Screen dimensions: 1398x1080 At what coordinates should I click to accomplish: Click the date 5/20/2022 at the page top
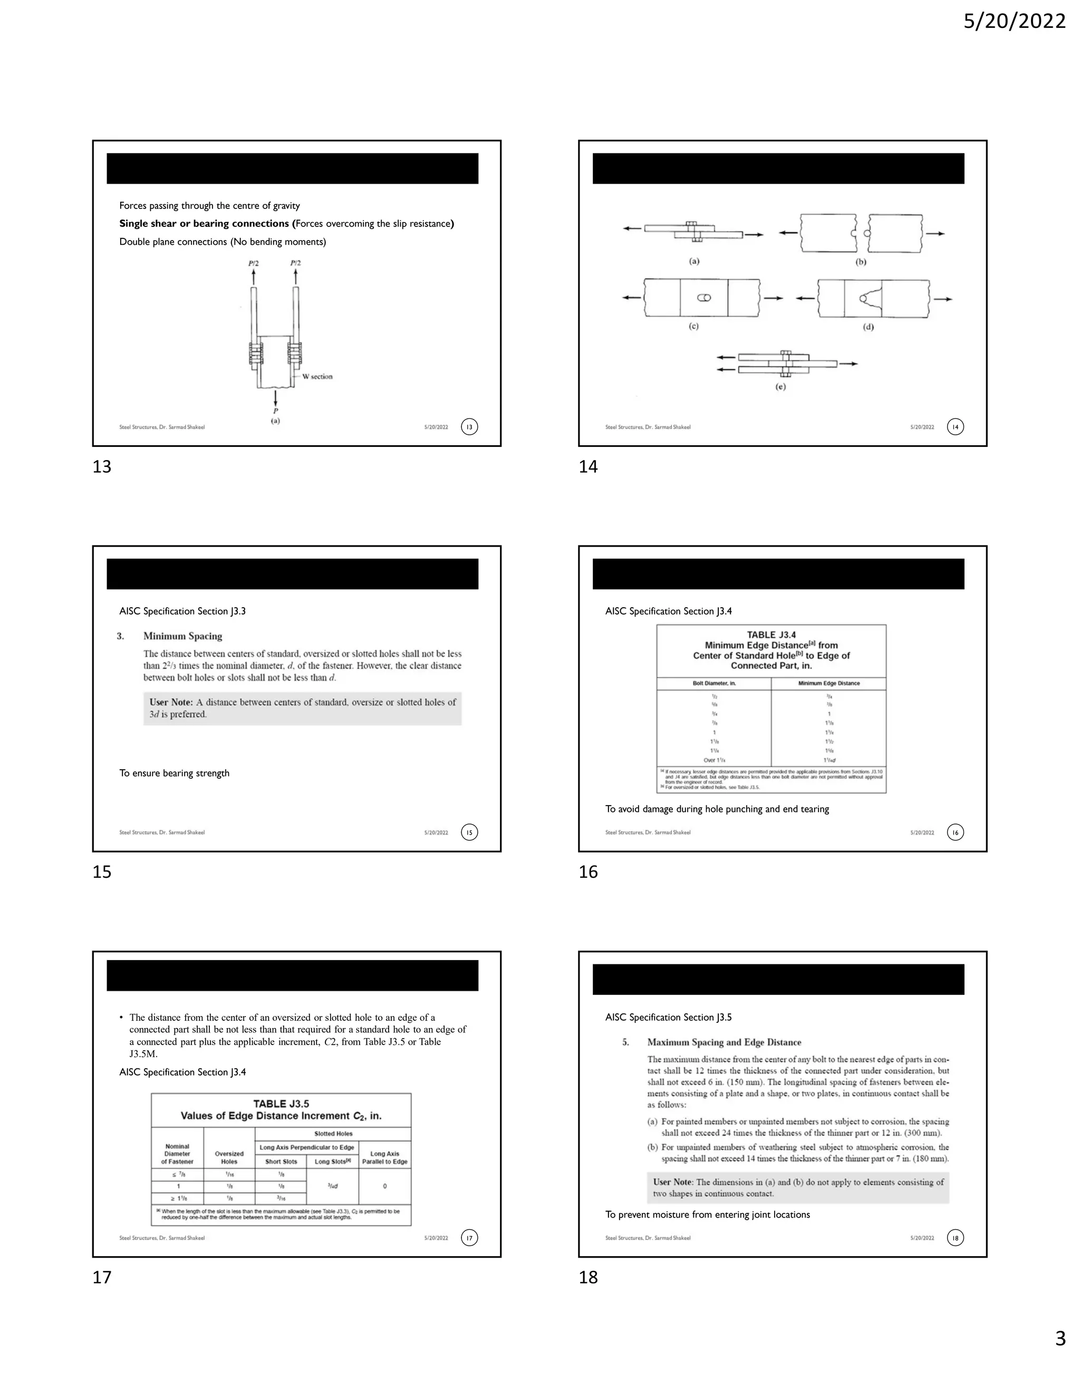pos(1014,22)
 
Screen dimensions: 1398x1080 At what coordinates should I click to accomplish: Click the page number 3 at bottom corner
pos(1060,1356)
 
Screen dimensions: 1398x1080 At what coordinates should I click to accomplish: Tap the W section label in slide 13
pos(317,376)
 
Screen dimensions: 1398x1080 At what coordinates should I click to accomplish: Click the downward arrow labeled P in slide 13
pos(275,397)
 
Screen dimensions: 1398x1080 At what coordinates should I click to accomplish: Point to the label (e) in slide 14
pos(780,387)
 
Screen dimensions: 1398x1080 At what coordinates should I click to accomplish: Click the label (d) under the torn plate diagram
pos(868,327)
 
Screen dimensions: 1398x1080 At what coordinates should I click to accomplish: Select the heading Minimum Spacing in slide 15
pos(182,636)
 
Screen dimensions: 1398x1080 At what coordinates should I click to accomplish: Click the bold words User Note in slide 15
pos(171,702)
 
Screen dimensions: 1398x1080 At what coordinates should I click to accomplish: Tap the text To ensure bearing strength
pos(174,773)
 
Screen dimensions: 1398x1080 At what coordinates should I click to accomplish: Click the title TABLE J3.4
pos(771,635)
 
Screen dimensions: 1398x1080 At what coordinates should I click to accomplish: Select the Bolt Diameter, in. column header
pos(714,683)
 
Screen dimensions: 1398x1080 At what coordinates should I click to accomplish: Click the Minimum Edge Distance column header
pos(828,683)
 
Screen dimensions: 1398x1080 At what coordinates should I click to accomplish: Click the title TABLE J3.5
pos(281,1104)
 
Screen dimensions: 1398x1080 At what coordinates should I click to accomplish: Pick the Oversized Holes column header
pos(229,1157)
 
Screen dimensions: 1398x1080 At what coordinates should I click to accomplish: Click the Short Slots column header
pos(281,1161)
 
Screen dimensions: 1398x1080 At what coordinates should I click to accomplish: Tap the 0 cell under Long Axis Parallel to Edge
pos(384,1186)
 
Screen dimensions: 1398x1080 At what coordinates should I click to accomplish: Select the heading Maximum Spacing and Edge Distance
pos(724,1043)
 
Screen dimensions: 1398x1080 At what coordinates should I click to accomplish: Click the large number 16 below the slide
pos(588,872)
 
